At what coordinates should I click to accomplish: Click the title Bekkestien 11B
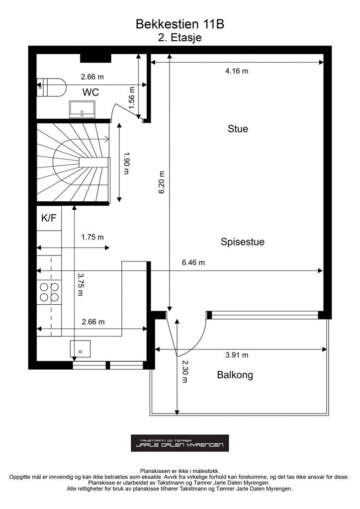[x=180, y=24]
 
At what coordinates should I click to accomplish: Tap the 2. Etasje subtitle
[x=180, y=37]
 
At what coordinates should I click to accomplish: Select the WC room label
[x=90, y=92]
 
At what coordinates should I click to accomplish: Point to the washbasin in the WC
[x=82, y=109]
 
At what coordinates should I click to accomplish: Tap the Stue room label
[x=238, y=129]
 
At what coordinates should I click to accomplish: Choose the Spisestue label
[x=243, y=242]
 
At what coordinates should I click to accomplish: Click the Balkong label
[x=235, y=375]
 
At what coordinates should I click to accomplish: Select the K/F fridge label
[x=49, y=218]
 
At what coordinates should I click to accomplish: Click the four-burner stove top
[x=49, y=292]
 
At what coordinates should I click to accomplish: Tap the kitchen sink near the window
[x=81, y=348]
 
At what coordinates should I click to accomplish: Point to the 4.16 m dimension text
[x=237, y=71]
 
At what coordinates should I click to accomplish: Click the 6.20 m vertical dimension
[x=162, y=182]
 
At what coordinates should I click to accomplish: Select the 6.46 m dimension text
[x=193, y=262]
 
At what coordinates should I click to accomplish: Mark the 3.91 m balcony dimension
[x=237, y=355]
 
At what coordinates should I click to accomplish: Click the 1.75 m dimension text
[x=92, y=237]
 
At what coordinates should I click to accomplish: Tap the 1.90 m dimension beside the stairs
[x=127, y=163]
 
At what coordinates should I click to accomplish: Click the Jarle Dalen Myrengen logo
[x=180, y=443]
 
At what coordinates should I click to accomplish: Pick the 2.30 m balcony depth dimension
[x=184, y=371]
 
